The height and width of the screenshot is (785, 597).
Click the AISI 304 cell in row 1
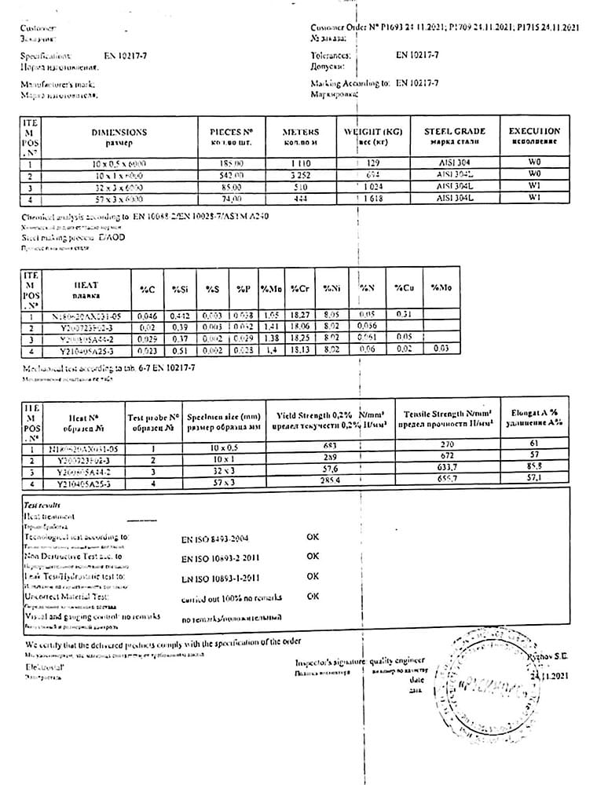coord(455,163)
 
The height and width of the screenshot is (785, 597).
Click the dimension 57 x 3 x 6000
coord(119,199)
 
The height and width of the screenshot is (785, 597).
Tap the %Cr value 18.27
coord(302,315)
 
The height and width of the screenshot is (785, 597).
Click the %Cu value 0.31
coord(404,315)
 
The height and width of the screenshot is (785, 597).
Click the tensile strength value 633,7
coord(447,468)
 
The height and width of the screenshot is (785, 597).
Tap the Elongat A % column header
coord(534,417)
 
